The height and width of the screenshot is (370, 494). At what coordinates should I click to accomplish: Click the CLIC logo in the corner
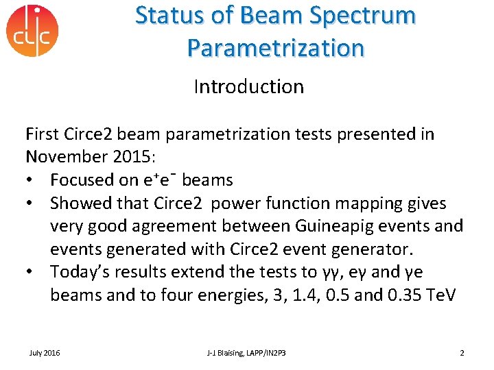tap(32, 31)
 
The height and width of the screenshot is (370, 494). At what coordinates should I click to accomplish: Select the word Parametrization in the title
tap(275, 48)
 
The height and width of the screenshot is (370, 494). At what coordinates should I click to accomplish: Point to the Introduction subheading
tap(248, 87)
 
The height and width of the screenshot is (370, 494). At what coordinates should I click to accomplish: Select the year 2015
tap(132, 157)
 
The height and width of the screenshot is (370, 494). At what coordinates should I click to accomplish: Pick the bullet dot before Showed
tap(31, 203)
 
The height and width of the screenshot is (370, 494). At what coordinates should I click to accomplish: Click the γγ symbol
tap(337, 273)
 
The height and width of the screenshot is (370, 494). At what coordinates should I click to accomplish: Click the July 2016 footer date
tap(45, 353)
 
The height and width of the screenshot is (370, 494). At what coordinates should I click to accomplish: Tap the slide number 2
tap(462, 353)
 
